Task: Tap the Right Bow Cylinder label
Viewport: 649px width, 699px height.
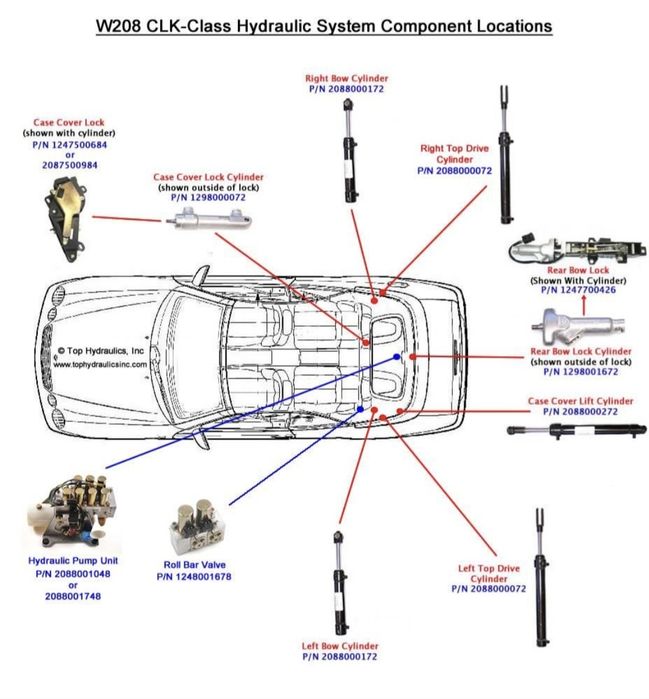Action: (x=346, y=78)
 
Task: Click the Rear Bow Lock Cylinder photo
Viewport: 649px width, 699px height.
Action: (x=578, y=325)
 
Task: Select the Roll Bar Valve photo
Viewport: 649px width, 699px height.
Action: (x=196, y=526)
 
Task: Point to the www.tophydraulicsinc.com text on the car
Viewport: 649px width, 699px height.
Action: (x=101, y=364)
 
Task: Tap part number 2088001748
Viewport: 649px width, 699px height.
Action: (x=71, y=596)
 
